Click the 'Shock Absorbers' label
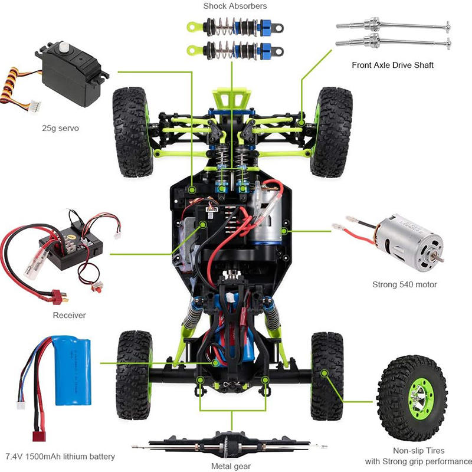pos(235,6)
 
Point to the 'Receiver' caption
pos(69,315)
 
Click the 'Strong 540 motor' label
pos(404,284)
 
